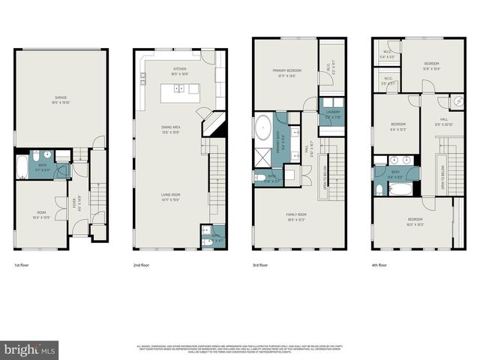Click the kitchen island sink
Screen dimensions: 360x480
(x=180, y=88)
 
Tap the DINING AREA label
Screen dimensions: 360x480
(x=172, y=129)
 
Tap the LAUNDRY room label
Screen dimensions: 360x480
(x=333, y=115)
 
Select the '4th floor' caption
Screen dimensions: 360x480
(x=379, y=265)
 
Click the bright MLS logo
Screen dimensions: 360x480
(x=30, y=349)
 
